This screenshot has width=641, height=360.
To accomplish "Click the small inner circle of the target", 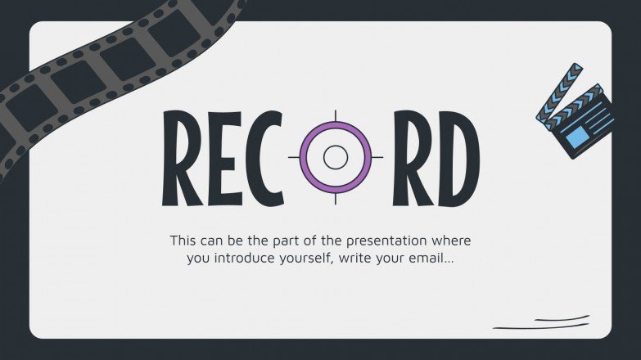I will coord(335,157).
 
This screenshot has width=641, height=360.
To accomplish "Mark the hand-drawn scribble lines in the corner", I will coord(542,322).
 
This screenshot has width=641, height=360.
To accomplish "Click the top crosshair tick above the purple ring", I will coord(335,115).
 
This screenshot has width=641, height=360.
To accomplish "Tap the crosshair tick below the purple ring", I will coord(335,199).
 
